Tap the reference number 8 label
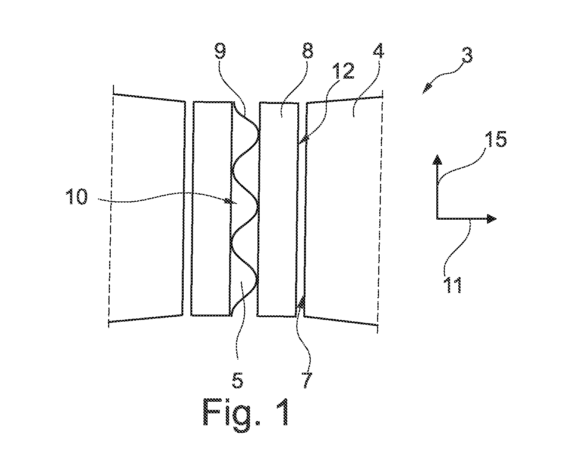tap(308, 51)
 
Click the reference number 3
tap(466, 55)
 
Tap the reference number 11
tap(453, 285)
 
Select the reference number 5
tap(238, 380)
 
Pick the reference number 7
tap(307, 380)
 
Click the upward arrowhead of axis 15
tap(437, 159)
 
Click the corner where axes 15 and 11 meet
tap(437, 218)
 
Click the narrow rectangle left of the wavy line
tap(212, 208)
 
